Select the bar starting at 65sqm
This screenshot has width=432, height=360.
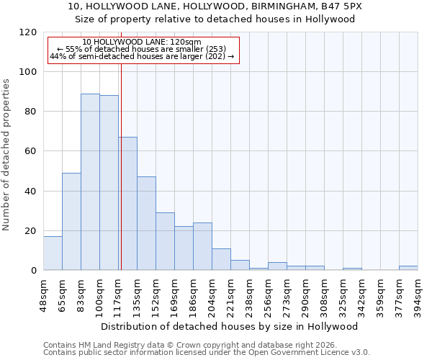pyautogui.click(x=71, y=222)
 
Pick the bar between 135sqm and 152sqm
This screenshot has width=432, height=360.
pyautogui.click(x=146, y=223)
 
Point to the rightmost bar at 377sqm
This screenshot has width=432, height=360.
pyautogui.click(x=408, y=268)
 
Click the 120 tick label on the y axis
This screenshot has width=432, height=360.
pyautogui.click(x=28, y=32)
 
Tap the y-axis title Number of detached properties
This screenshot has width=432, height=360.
pyautogui.click(x=7, y=154)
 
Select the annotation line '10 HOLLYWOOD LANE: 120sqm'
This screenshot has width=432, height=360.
pyautogui.click(x=142, y=42)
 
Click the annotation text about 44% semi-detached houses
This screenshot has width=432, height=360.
pyautogui.click(x=142, y=56)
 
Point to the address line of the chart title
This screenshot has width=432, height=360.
pyautogui.click(x=215, y=6)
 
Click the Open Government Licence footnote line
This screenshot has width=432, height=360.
pyautogui.click(x=207, y=352)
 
